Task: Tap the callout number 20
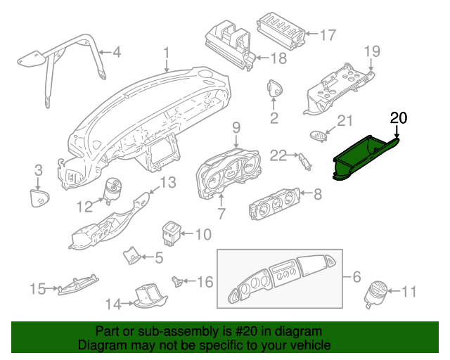(x=399, y=118)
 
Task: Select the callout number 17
(x=328, y=35)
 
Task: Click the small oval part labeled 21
(x=318, y=135)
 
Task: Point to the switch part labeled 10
(x=171, y=233)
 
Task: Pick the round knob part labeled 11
(x=375, y=294)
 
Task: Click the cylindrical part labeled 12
(x=112, y=190)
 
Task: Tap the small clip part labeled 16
(x=177, y=281)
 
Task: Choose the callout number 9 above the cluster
(x=236, y=128)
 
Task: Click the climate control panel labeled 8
(x=275, y=204)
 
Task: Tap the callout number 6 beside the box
(x=356, y=277)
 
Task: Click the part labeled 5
(x=131, y=255)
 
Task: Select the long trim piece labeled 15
(x=78, y=285)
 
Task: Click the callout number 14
(x=113, y=304)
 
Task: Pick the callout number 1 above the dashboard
(x=167, y=54)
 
